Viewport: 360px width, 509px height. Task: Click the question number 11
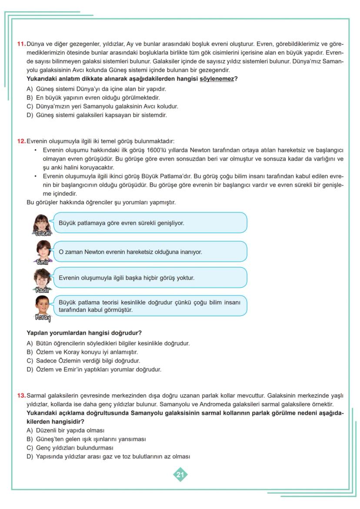[21, 44]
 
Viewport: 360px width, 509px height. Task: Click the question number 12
[21, 141]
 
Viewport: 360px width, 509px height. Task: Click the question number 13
[21, 396]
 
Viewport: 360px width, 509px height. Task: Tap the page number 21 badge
[180, 474]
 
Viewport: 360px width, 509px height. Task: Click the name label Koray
[43, 318]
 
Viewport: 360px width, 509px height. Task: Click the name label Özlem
[43, 233]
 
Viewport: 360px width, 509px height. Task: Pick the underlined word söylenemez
[217, 79]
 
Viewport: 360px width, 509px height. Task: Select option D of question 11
[97, 115]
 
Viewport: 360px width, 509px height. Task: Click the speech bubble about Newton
[150, 252]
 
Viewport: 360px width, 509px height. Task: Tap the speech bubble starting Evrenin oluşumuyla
[150, 278]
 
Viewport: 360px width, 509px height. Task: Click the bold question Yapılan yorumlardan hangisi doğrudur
[84, 333]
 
